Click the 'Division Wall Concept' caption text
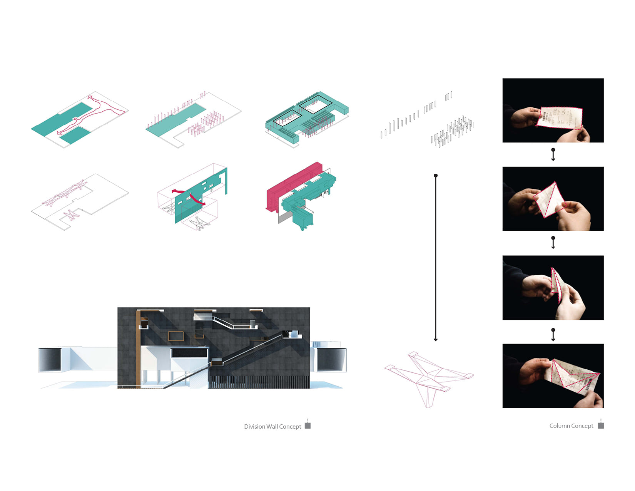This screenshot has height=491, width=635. coord(272,426)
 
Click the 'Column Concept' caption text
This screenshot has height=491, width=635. coord(571,426)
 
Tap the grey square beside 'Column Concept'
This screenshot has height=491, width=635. coord(601,426)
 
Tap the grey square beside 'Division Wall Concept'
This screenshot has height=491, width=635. coord(307,426)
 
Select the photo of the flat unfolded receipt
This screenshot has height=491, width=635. coord(553,111)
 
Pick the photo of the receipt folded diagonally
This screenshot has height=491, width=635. coord(553,199)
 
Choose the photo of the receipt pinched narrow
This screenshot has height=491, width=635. coord(553,288)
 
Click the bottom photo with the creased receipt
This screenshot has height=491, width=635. coord(553,376)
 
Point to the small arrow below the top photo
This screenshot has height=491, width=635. coord(553,154)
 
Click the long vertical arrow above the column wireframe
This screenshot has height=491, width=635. coord(436,258)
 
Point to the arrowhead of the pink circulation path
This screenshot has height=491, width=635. coord(90,98)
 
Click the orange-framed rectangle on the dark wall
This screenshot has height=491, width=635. coord(176,336)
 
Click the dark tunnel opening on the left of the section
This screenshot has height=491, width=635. coord(50,360)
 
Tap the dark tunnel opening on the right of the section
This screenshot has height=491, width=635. coord(331,360)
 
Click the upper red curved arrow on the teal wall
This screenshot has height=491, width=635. coord(177,191)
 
